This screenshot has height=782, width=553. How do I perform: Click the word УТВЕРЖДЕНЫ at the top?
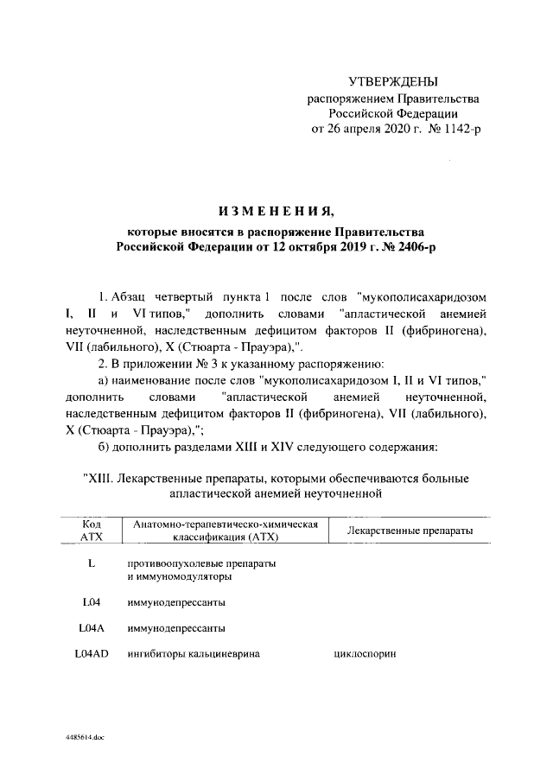coord(392,82)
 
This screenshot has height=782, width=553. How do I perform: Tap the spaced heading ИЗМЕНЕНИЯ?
coord(276,212)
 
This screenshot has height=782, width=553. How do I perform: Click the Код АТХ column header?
coord(91,531)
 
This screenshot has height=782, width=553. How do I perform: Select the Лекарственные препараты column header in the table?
coord(409,530)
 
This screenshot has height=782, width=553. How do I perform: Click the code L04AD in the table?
coord(91,654)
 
